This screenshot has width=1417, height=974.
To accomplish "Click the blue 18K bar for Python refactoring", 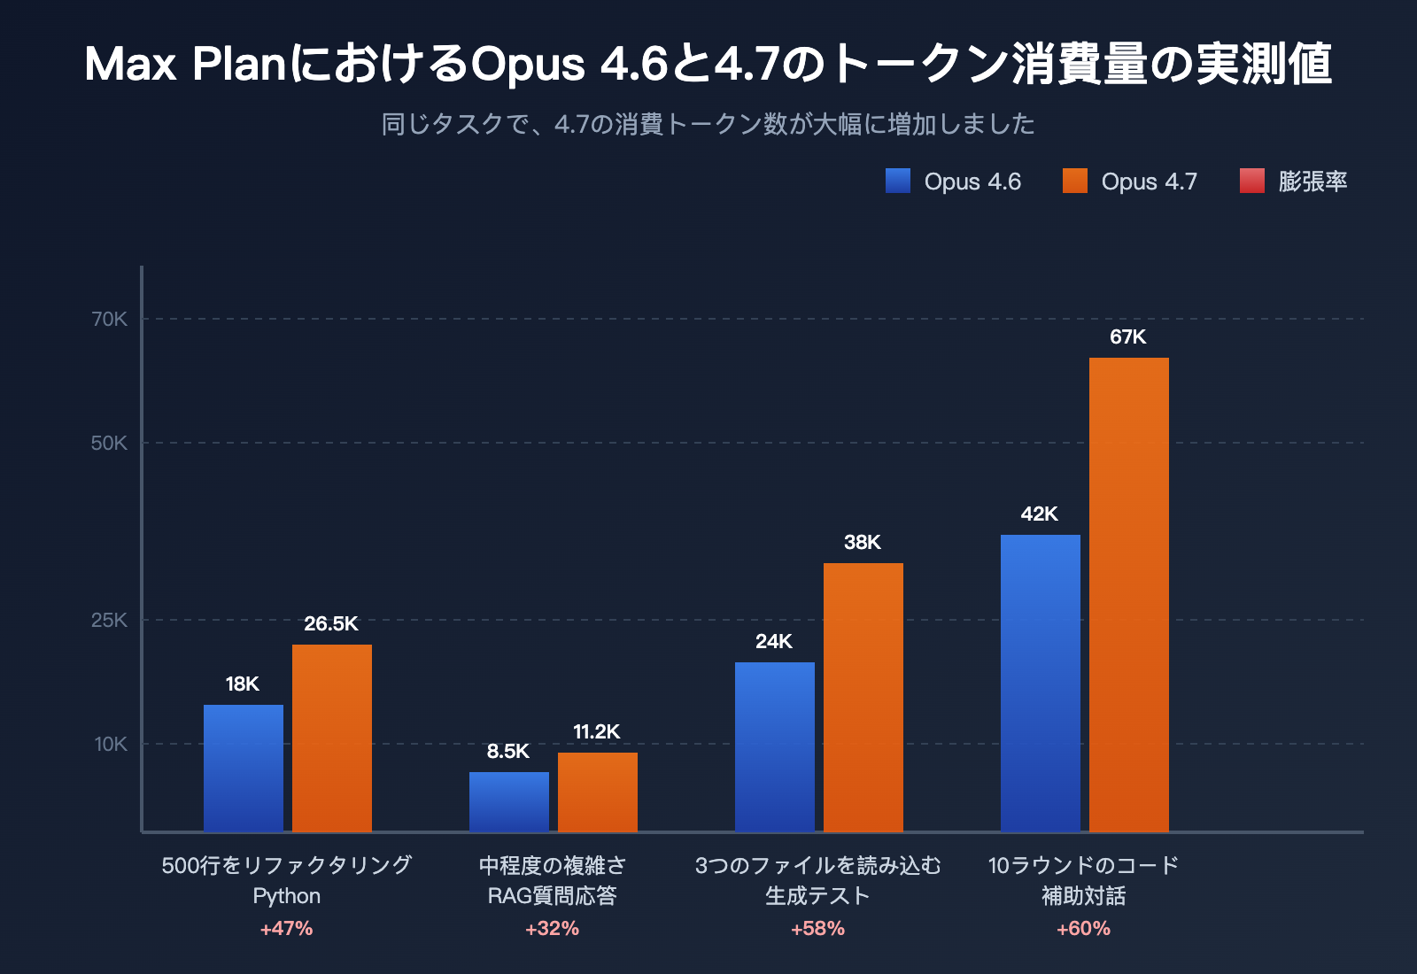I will pos(244,768).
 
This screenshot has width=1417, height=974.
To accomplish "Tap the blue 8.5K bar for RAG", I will pos(509,801).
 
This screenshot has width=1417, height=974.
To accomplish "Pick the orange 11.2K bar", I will pos(598,792).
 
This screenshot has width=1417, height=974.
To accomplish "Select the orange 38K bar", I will pos(863,697).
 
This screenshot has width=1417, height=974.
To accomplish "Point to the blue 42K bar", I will pos(1041,683).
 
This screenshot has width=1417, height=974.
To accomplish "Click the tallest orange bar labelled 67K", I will pos(1129,594).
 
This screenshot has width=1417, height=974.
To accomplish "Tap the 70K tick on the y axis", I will pos(110,319).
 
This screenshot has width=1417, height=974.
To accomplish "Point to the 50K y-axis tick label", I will pos(110,443).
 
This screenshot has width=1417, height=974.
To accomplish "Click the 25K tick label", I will pos(110,620).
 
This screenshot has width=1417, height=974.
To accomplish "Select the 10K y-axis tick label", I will pos(112,744).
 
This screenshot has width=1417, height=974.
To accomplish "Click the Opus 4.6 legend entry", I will pos(954,182).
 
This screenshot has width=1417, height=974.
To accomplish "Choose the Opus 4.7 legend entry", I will pos(1131,182).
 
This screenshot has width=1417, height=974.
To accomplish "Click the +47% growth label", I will pos(286,928).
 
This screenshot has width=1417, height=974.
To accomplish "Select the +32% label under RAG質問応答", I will pos(552,928).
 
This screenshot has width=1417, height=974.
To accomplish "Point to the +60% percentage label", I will pos(1083,928).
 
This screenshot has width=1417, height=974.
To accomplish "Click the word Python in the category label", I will pos(286,896).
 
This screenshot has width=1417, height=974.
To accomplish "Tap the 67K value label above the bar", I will pos(1127,336).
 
